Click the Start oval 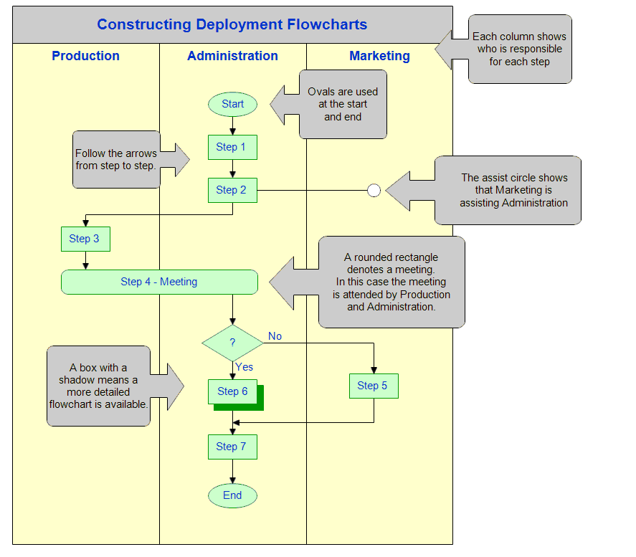click(x=232, y=104)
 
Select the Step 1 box click(x=232, y=147)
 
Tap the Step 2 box click(x=232, y=190)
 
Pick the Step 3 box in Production click(x=85, y=239)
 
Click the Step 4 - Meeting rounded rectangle click(x=159, y=282)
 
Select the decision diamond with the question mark click(x=232, y=343)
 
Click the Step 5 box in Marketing click(x=374, y=386)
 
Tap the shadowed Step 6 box click(x=232, y=391)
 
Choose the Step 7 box click(x=232, y=447)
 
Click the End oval click(x=232, y=495)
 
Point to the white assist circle click(x=374, y=190)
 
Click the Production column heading click(x=85, y=56)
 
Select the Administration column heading click(x=232, y=56)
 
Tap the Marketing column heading click(x=379, y=56)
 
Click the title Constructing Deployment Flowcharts click(x=232, y=24)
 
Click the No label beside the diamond click(x=275, y=335)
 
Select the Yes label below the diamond click(x=244, y=367)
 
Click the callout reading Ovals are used click(x=343, y=104)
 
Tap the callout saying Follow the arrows click(x=116, y=159)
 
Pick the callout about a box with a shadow click(x=99, y=386)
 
